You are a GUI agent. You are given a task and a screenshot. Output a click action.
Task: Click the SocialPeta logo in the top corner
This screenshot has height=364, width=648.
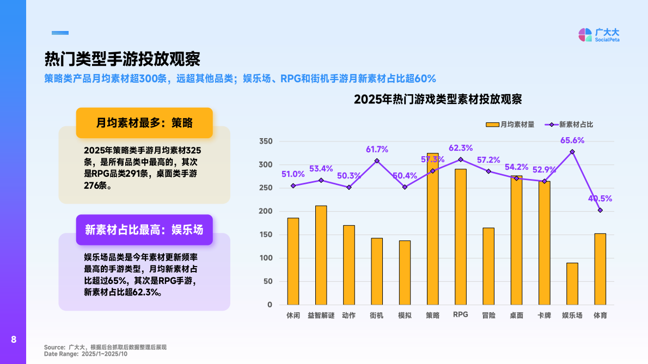598,35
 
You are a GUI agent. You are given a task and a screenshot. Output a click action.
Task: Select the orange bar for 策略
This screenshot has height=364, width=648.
432,229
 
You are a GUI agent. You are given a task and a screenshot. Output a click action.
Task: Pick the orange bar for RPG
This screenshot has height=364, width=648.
460,237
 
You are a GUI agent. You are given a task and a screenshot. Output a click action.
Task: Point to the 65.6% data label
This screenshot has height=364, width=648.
572,140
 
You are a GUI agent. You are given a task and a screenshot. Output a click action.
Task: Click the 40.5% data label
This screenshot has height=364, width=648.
600,199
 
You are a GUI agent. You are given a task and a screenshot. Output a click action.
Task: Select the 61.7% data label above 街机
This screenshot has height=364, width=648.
377,149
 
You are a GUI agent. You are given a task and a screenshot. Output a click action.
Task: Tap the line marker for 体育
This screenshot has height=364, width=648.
600,210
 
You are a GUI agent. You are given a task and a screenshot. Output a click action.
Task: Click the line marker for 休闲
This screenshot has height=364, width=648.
293,186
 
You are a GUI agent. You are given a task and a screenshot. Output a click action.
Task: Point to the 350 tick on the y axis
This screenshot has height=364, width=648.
265,141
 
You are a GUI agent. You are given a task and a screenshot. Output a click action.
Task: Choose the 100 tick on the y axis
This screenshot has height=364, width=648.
265,258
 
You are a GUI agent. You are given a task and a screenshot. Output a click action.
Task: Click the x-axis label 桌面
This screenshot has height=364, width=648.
516,316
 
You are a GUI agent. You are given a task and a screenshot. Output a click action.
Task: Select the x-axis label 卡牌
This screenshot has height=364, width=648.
544,316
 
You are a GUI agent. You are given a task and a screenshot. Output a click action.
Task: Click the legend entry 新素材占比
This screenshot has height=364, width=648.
570,125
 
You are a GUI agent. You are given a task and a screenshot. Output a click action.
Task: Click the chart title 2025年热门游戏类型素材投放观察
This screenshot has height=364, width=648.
438,100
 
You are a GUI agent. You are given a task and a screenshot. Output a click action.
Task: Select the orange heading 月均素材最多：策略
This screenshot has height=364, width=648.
144,122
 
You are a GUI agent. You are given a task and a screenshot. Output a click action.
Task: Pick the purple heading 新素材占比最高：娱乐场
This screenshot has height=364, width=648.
144,230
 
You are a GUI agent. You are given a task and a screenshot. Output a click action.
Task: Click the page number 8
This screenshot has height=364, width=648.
14,340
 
